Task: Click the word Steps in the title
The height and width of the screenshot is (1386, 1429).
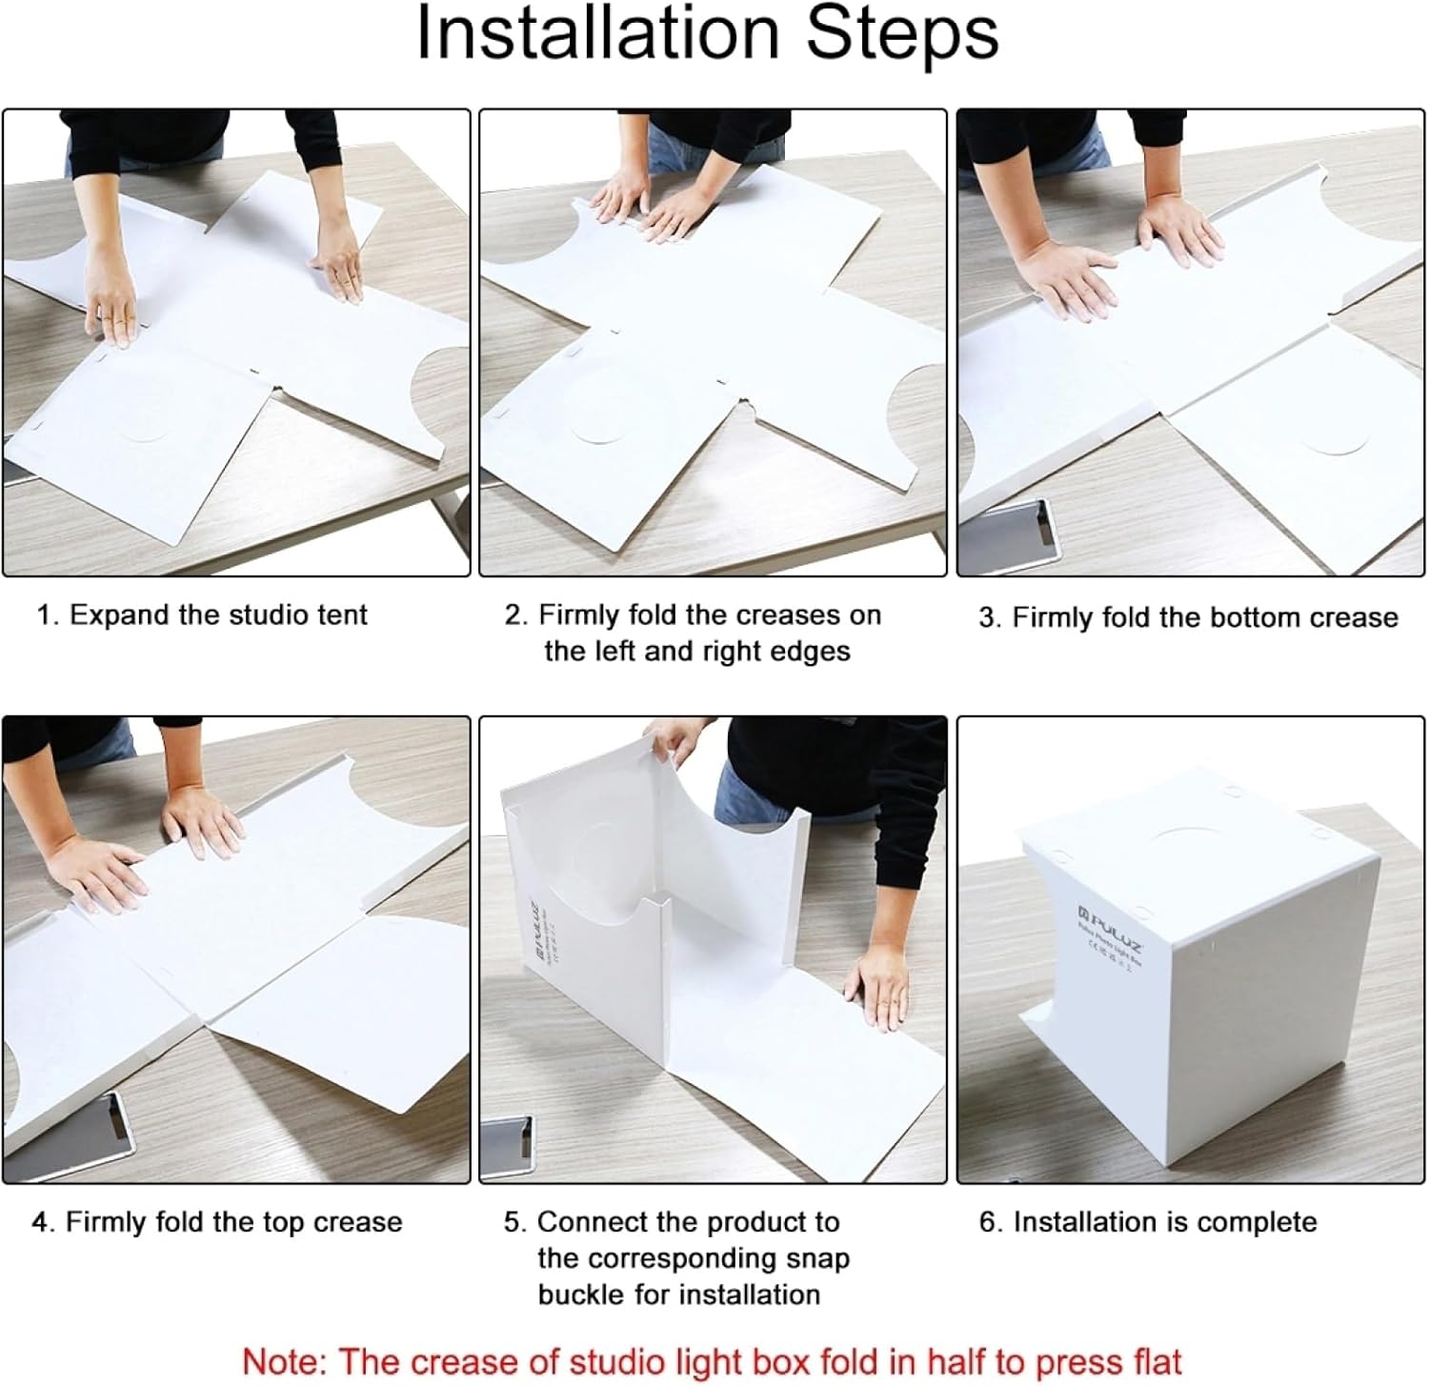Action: click(902, 34)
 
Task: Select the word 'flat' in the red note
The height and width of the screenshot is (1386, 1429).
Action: click(1152, 1361)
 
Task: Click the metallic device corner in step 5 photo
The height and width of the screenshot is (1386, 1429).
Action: click(511, 1148)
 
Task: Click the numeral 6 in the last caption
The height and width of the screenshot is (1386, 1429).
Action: click(988, 1222)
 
